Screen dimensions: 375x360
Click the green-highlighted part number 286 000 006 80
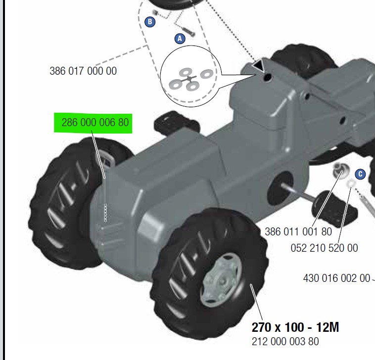click(x=95, y=123)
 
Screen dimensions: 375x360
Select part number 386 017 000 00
click(x=83, y=71)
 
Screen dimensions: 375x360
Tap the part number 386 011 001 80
click(x=298, y=231)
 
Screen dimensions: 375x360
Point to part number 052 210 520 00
click(x=325, y=248)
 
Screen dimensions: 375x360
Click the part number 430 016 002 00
click(x=336, y=278)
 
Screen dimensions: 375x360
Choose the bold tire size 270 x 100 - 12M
click(x=295, y=327)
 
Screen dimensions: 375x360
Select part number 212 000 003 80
click(x=285, y=341)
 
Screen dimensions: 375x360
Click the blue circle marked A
click(x=180, y=39)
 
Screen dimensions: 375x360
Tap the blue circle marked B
click(x=150, y=22)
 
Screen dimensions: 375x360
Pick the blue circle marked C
click(x=360, y=174)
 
